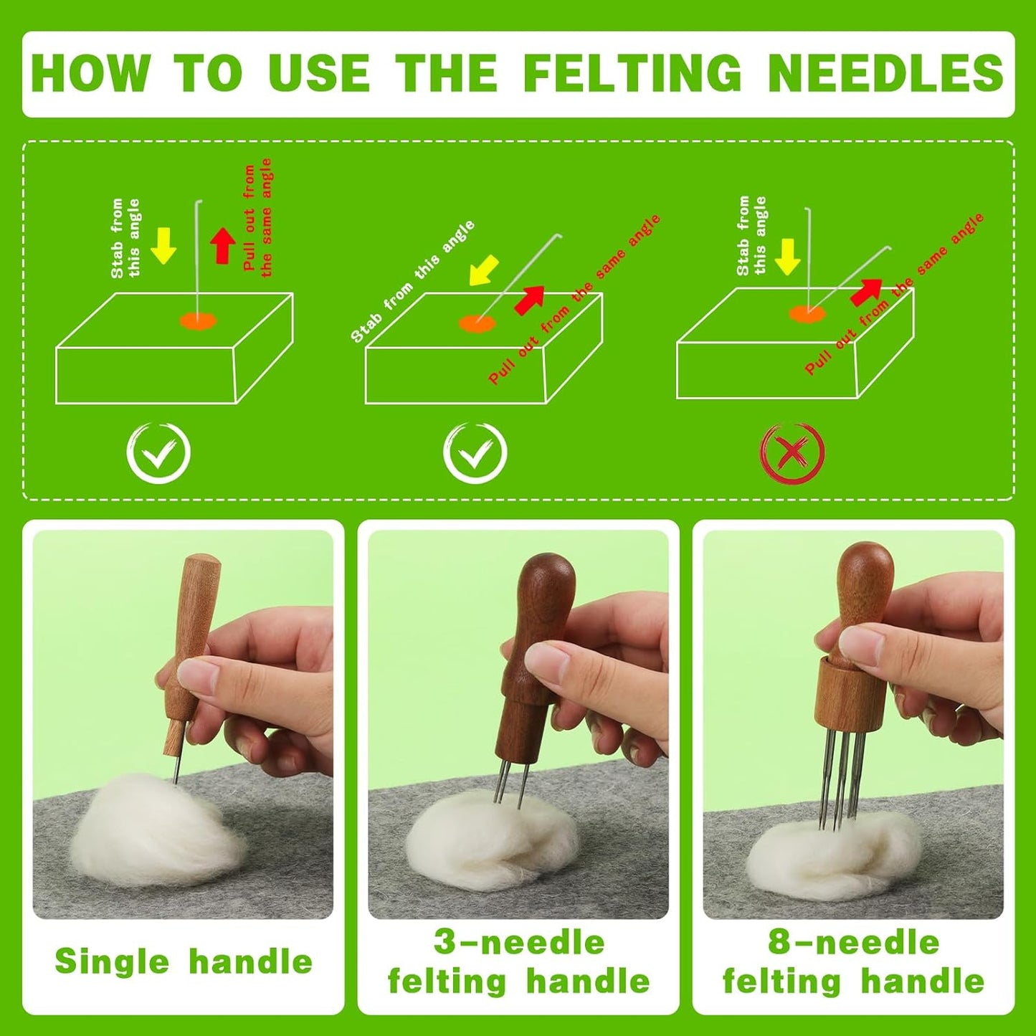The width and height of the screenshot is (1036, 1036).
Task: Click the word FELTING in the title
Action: coord(632,73)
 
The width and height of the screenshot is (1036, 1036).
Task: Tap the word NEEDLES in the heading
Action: coord(885,73)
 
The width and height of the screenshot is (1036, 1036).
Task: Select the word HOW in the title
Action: coord(90,73)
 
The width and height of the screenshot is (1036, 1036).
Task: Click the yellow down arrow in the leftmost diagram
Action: coord(163,245)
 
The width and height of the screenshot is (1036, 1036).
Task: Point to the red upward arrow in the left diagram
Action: coord(223,245)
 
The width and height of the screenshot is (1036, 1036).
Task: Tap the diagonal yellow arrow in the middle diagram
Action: coord(483,272)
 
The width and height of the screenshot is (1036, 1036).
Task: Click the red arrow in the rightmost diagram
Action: coord(865,290)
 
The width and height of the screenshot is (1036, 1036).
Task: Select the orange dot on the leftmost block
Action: coord(198,320)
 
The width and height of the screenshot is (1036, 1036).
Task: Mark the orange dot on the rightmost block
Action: coord(807,313)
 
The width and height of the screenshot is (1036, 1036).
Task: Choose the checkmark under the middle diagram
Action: coord(475,452)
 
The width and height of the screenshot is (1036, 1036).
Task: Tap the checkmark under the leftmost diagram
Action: coord(158,452)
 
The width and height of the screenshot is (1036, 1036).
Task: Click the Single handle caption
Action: coord(184,961)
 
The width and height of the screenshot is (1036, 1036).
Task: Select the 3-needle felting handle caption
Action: coord(518,961)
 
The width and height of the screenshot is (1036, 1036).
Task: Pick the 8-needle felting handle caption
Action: coord(853,961)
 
